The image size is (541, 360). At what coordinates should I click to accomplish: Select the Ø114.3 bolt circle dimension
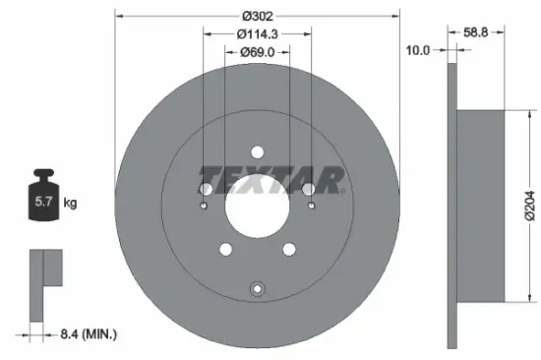coord(257,33)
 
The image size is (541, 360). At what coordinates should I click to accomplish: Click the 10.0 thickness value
coord(418,50)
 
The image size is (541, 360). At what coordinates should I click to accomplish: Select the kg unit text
coord(70,203)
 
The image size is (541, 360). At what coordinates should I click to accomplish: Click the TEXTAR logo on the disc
coord(272,178)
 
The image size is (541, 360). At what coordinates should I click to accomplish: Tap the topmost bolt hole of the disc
coord(257,152)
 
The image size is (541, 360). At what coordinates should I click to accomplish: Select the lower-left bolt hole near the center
coord(225,249)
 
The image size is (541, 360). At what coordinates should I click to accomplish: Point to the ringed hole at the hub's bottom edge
coord(257,289)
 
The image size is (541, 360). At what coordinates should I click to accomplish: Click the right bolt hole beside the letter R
coord(308,189)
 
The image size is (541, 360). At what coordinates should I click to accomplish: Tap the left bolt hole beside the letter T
coord(206,189)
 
